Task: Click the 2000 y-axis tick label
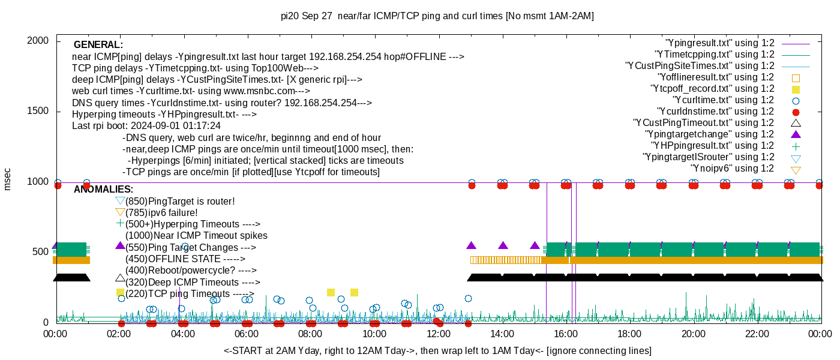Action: [x=39, y=41]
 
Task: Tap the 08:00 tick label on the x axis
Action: [x=310, y=334]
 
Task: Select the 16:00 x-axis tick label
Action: [x=565, y=334]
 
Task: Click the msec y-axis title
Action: [x=8, y=179]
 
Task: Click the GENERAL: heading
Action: [x=98, y=45]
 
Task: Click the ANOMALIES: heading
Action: [x=103, y=190]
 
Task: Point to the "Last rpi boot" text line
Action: [x=146, y=126]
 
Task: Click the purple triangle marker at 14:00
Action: [x=503, y=245]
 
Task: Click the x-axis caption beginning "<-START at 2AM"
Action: [x=437, y=350]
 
